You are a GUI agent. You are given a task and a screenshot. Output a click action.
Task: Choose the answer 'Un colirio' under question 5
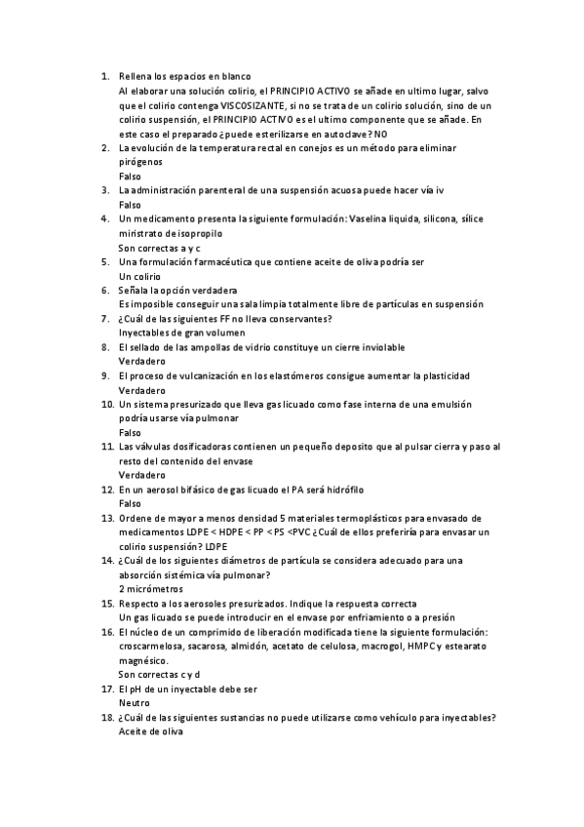pyautogui.click(x=139, y=276)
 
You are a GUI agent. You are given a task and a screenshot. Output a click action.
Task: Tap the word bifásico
pyautogui.click(x=193, y=489)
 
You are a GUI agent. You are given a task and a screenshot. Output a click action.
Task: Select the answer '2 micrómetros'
pyautogui.click(x=151, y=589)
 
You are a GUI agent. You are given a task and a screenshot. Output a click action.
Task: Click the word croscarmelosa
pyautogui.click(x=151, y=646)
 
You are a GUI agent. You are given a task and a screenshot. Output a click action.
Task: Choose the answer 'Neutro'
pyautogui.click(x=135, y=703)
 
